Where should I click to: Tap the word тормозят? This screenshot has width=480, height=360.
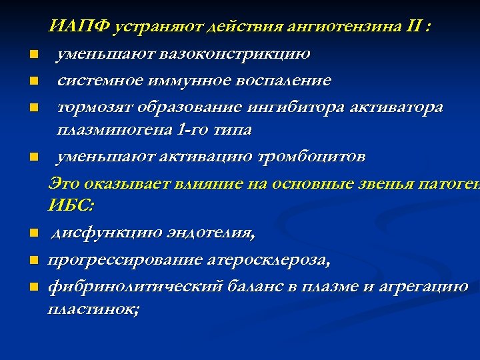[x=92, y=107]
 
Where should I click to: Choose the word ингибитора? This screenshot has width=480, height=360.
[x=285, y=107]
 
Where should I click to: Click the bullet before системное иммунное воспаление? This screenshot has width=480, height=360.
[x=32, y=81]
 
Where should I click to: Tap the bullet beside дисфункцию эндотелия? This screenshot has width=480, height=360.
[x=32, y=234]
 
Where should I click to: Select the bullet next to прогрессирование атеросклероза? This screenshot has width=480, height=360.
[x=32, y=261]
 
